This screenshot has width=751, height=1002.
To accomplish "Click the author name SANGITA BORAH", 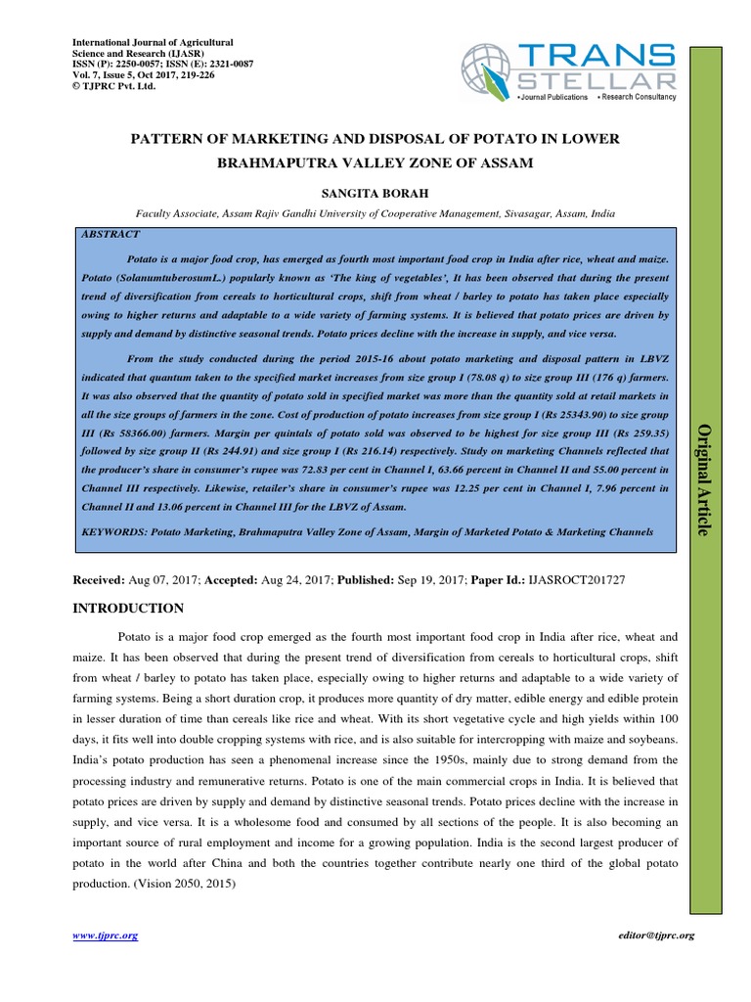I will point(375,191).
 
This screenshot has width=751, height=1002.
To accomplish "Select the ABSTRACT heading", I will point(110,235).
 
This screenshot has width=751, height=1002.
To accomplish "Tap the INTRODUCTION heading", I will point(128,608).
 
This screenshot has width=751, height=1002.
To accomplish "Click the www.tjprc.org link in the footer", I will point(106,935).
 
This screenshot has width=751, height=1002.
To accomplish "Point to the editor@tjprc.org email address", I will point(656,935).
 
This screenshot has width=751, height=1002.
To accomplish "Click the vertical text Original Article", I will point(701,479).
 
